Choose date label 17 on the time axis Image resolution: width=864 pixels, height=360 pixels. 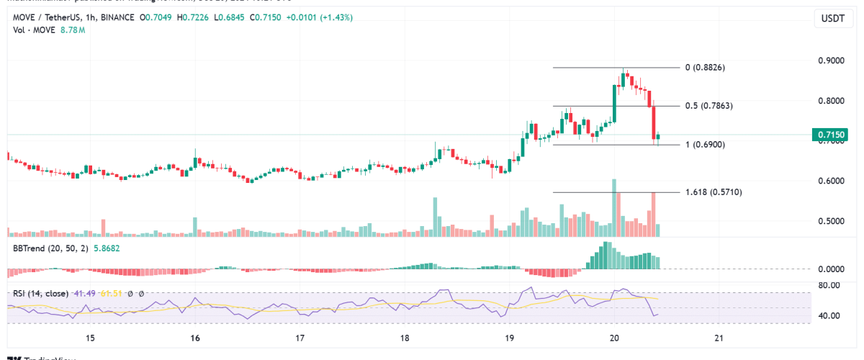[300, 338]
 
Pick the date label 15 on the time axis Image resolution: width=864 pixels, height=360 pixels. [90, 338]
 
